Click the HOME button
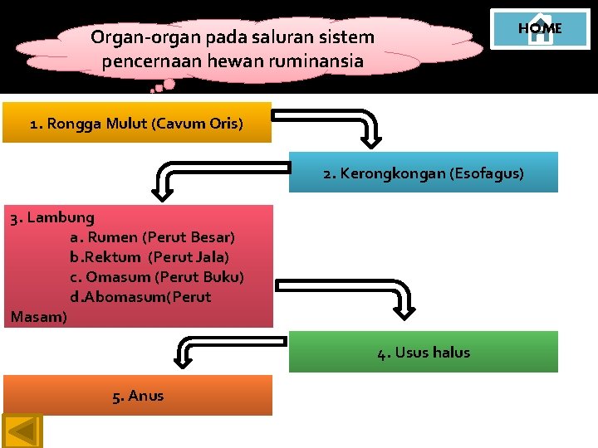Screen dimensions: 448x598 click(x=540, y=29)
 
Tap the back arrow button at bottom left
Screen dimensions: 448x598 click(x=23, y=431)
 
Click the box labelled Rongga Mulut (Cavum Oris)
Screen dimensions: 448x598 click(x=136, y=124)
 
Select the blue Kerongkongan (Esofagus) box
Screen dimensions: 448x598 click(x=424, y=173)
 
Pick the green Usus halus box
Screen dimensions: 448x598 click(x=424, y=352)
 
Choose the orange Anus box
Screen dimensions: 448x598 click(x=138, y=395)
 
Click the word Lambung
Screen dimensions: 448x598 click(x=61, y=218)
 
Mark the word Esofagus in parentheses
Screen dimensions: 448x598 click(x=485, y=173)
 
